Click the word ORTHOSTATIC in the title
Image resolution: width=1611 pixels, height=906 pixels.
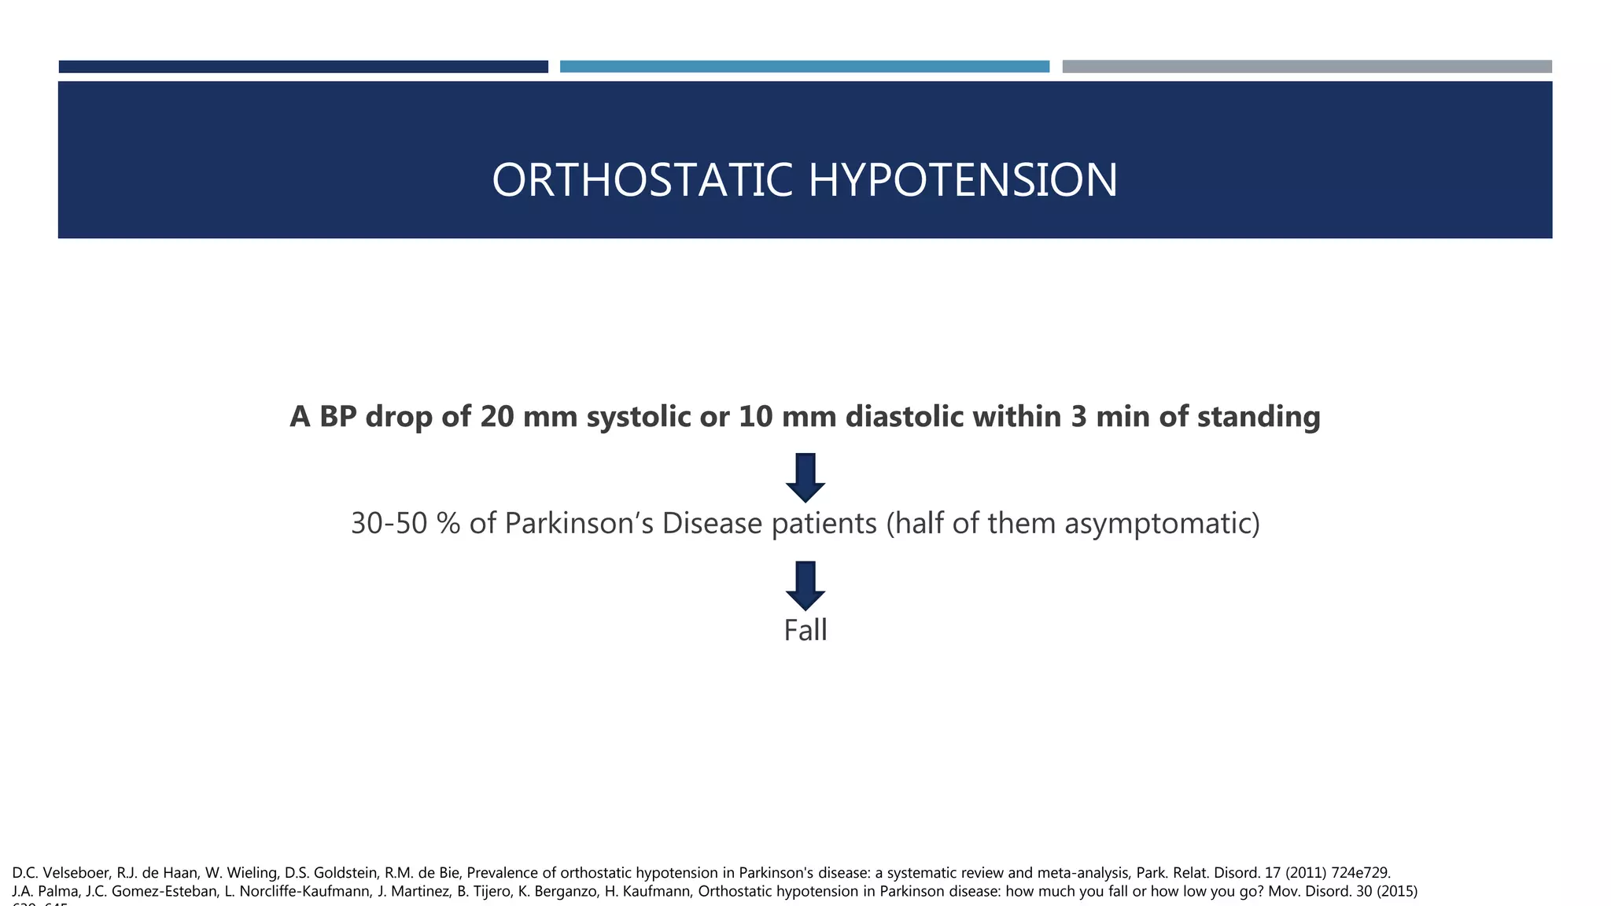pyautogui.click(x=641, y=180)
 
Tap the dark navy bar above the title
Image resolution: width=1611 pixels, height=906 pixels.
pyautogui.click(x=303, y=67)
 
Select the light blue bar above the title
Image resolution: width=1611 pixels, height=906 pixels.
pyautogui.click(x=804, y=67)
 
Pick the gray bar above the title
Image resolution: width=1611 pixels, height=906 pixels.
pyautogui.click(x=1307, y=67)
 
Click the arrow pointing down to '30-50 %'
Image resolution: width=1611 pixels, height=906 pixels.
pyautogui.click(x=805, y=477)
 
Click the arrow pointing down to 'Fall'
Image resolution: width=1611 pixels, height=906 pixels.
pyautogui.click(x=805, y=585)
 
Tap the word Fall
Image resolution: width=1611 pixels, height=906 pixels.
pyautogui.click(x=805, y=631)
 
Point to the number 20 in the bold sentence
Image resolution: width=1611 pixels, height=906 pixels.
pyautogui.click(x=497, y=417)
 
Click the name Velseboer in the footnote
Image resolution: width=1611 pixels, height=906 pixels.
pyautogui.click(x=77, y=873)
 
